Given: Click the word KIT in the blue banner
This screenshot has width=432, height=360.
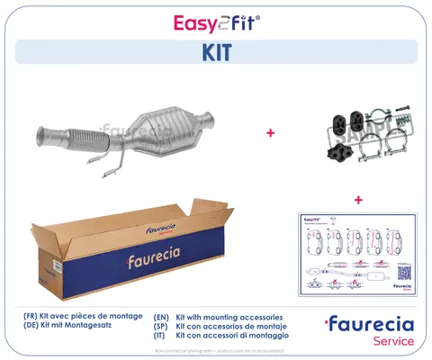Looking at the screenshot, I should [215, 52].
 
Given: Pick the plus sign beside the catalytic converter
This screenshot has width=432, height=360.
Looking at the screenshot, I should [270, 132].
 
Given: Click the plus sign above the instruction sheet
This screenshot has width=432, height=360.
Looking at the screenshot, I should [358, 199].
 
